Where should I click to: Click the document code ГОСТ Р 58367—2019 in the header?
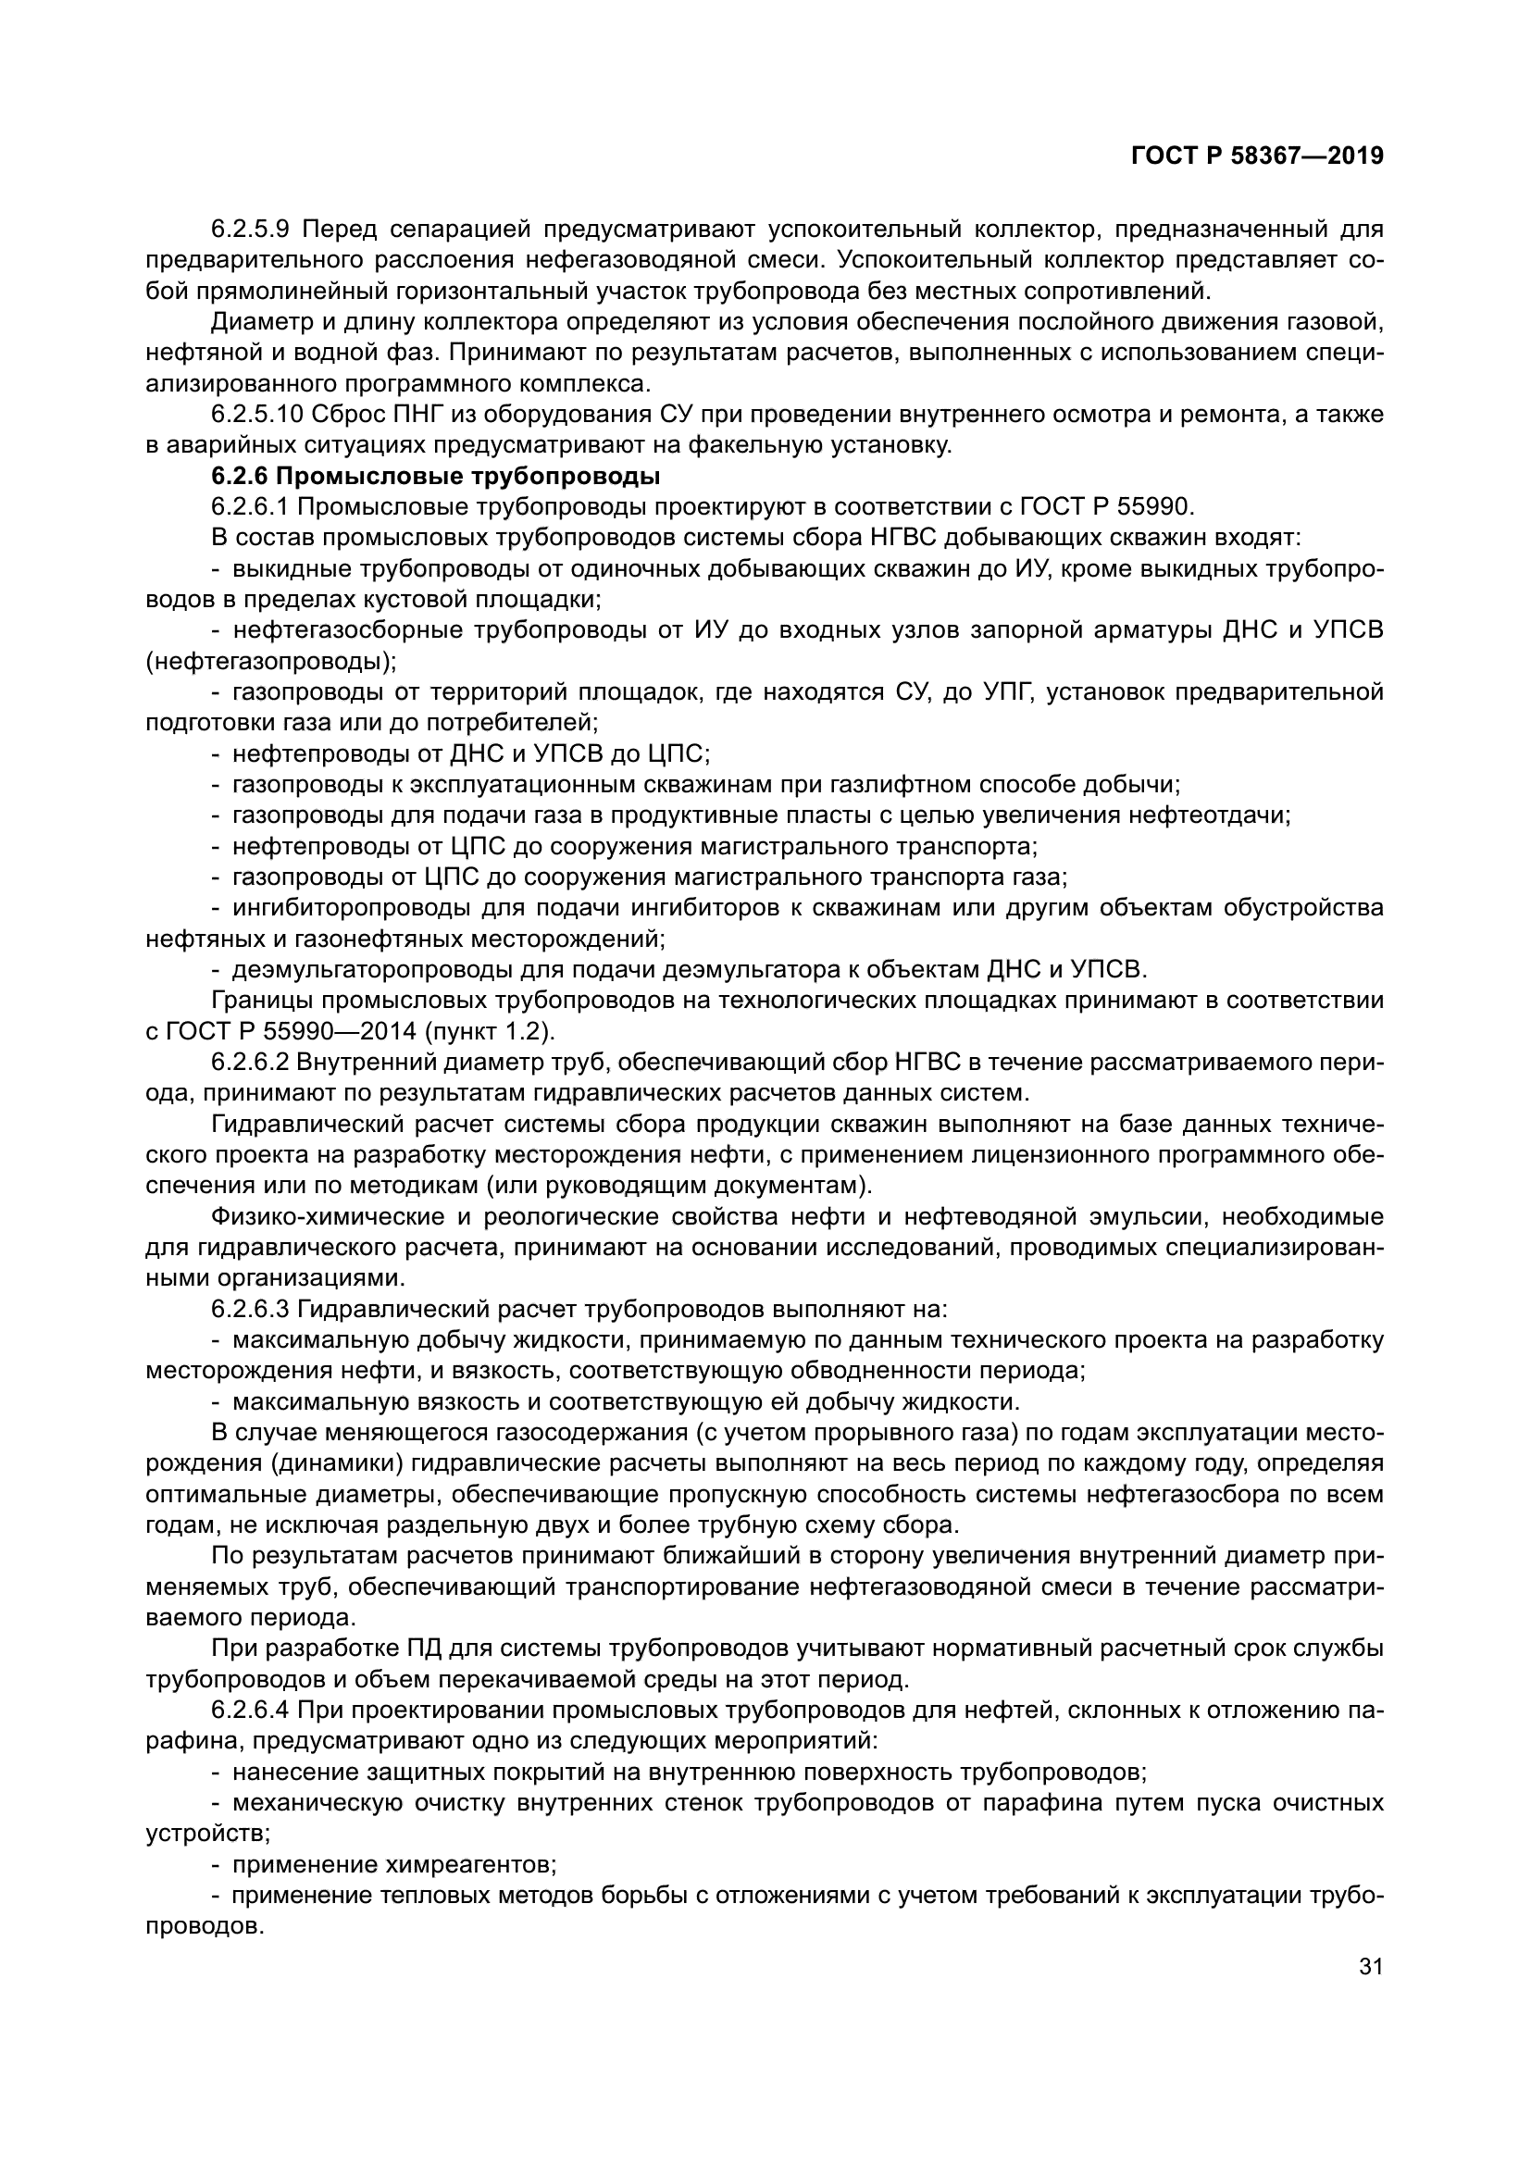[1257, 156]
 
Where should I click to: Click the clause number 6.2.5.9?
[251, 229]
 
